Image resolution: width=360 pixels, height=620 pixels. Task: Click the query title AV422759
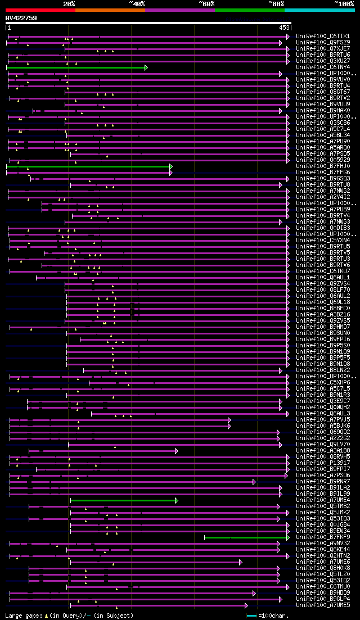click(21, 18)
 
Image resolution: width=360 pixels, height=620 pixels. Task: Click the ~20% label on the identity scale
click(69, 3)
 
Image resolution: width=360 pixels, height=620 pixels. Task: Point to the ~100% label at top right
click(344, 3)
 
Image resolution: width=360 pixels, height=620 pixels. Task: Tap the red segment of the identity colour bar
click(40, 10)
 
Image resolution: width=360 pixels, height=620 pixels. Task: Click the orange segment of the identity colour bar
click(110, 10)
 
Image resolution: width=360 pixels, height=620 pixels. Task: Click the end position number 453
click(284, 28)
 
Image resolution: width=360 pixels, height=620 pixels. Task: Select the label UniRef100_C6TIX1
click(322, 37)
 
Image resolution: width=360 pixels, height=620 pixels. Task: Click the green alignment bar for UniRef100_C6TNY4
click(76, 67)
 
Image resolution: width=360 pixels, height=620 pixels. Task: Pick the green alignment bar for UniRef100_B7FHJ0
click(88, 166)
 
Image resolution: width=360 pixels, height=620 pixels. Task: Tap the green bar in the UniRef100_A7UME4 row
click(123, 500)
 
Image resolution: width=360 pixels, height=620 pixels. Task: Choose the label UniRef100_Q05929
click(322, 160)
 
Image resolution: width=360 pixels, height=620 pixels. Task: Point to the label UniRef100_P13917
click(322, 463)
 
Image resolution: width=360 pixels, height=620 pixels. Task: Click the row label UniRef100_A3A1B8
click(322, 451)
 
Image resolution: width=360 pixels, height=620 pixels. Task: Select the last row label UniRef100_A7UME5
click(322, 605)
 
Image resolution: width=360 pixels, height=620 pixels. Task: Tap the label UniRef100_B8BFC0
click(322, 309)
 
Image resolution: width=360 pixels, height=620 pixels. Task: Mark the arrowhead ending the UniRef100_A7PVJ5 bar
click(229, 420)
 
